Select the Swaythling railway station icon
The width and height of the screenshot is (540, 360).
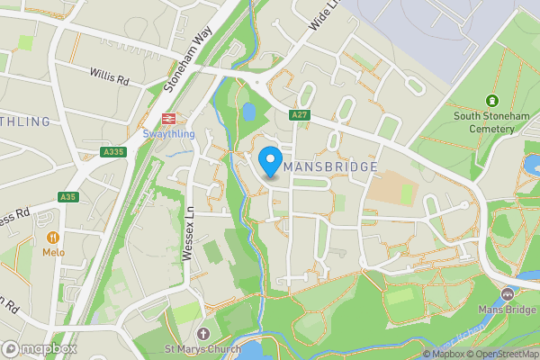(166, 119)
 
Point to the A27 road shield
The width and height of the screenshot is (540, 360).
(300, 115)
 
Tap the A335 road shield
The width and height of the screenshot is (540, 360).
(113, 153)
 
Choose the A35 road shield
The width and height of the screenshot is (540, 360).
(68, 196)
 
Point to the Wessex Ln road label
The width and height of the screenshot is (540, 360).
(189, 238)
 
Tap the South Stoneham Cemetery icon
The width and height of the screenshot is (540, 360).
(491, 101)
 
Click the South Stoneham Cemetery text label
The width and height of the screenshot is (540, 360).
(484, 121)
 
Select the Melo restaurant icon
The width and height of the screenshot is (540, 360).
(52, 238)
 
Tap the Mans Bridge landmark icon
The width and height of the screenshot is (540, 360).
(508, 294)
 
